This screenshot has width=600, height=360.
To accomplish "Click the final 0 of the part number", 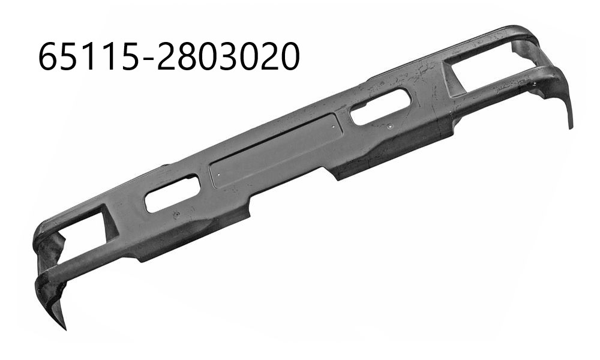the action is point(287,56).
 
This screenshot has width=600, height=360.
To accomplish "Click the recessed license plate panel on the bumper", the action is point(274,150).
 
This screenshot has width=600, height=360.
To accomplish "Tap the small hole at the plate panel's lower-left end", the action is point(218,176).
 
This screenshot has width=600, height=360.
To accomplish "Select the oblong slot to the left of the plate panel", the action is point(173,193).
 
